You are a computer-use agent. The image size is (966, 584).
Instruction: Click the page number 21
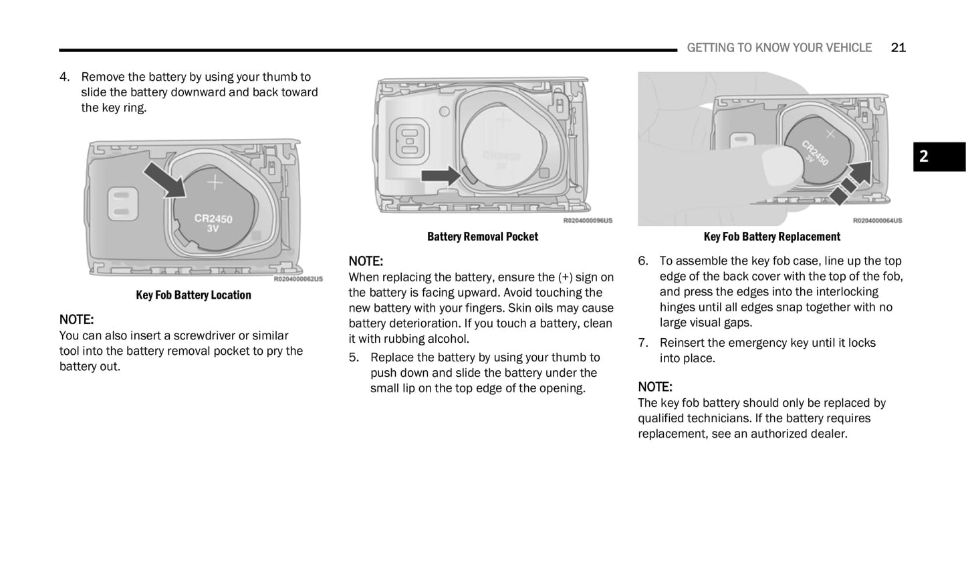point(898,47)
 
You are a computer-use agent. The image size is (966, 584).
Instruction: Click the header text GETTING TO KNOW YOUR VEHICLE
point(779,47)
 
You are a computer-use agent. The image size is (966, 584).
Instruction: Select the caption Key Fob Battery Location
point(193,295)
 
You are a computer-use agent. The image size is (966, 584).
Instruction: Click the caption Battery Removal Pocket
point(482,237)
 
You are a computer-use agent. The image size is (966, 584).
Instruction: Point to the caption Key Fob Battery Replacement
point(771,237)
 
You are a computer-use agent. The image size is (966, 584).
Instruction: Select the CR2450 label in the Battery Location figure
point(213,218)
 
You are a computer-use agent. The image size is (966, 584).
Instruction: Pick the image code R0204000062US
point(297,279)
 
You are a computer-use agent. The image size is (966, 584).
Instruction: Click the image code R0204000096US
point(587,221)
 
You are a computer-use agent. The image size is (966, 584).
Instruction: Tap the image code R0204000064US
point(876,221)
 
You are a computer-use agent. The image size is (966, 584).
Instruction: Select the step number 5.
point(353,357)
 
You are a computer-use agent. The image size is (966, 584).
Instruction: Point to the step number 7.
point(642,343)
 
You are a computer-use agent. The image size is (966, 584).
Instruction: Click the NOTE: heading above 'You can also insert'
point(76,319)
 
